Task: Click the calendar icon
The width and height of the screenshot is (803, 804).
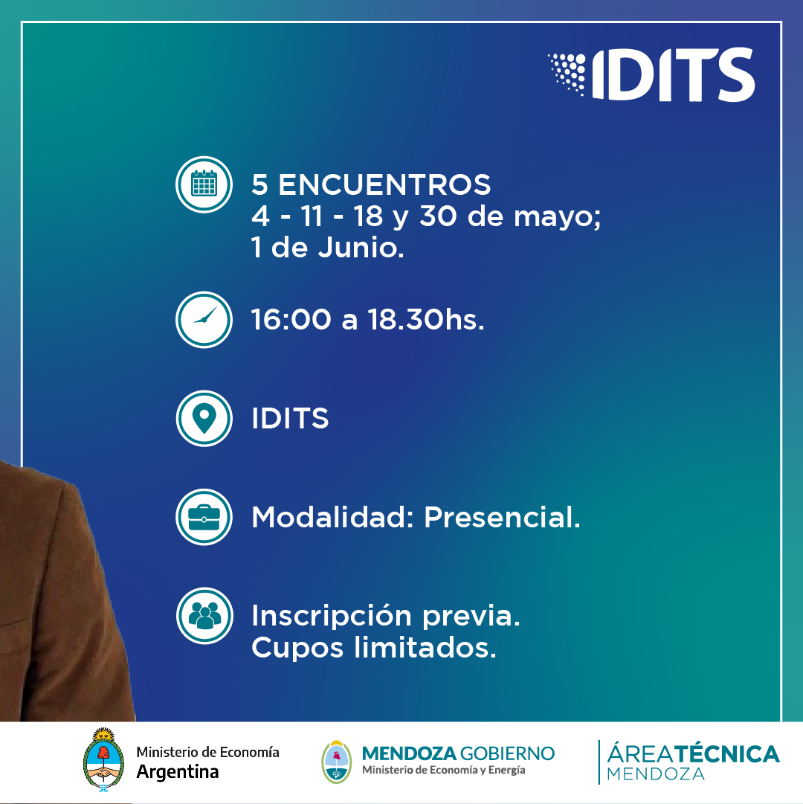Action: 204,184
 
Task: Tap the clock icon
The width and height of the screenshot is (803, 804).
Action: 204,320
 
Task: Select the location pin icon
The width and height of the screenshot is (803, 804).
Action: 204,419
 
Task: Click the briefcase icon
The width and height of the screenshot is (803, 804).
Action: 204,517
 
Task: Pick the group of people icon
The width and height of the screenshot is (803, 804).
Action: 204,615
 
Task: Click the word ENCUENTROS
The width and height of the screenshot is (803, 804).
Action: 384,184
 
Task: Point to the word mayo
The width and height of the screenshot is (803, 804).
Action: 556,217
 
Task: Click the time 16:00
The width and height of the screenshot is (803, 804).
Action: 291,320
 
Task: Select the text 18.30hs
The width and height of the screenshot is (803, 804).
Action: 426,320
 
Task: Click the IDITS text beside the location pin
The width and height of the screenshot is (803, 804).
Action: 290,419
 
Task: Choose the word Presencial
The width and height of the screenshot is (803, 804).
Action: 502,517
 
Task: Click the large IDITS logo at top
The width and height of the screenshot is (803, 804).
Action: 651,74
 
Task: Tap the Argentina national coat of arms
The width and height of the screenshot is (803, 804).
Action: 103,759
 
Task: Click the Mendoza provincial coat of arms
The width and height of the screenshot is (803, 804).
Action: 337,762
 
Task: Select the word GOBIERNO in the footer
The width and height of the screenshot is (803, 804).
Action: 507,753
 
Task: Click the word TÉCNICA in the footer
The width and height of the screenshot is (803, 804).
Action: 726,753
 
